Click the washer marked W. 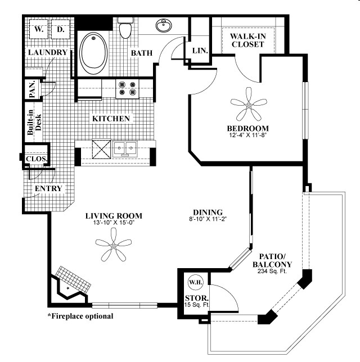38,29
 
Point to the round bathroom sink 164,26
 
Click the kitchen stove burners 127,88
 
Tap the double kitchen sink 125,149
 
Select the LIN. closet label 200,51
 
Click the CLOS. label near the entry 37,159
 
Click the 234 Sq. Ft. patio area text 272,273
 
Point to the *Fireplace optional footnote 80,316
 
